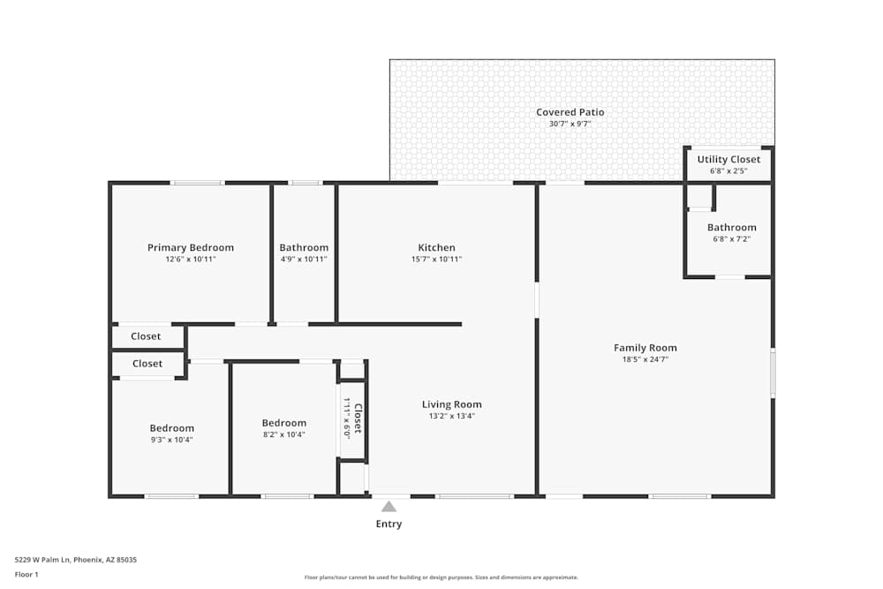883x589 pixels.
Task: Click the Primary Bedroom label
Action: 190,248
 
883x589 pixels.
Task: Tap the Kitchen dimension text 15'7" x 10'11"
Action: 436,260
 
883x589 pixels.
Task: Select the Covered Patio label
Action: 570,112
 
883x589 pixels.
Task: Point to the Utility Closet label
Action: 728,160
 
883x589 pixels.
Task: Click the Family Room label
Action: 645,348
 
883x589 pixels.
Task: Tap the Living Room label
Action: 451,404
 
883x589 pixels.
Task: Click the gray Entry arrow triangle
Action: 389,506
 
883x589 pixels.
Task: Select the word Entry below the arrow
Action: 389,524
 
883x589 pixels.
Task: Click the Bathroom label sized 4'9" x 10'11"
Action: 304,248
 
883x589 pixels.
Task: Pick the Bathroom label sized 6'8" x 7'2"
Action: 731,228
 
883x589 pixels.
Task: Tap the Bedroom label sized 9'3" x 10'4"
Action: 171,428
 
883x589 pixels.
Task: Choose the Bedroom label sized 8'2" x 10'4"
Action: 283,423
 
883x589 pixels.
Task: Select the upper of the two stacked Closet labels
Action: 146,336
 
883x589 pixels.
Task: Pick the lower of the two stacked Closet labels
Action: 147,364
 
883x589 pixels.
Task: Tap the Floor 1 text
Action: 26,574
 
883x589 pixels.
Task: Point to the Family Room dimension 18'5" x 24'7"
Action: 645,359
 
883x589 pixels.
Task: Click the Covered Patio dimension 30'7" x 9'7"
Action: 570,125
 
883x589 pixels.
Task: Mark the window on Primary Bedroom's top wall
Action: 197,183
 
